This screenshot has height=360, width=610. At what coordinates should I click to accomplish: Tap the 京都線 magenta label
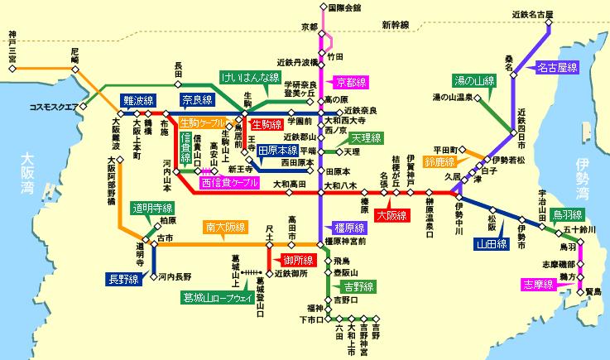pyautogui.click(x=353, y=82)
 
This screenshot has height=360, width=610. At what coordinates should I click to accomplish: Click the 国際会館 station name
pyautogui.click(x=345, y=7)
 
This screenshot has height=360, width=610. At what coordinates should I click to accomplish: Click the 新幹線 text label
pyautogui.click(x=396, y=26)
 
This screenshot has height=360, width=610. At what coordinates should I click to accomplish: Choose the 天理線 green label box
pyautogui.click(x=365, y=137)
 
